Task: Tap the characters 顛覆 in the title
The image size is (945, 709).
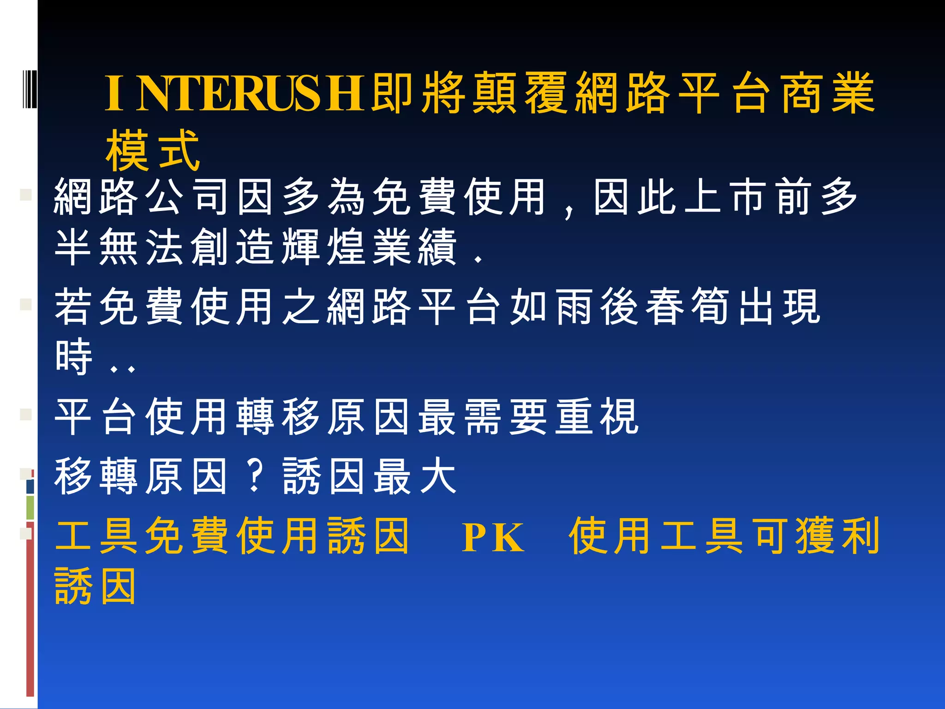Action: pyautogui.click(x=519, y=94)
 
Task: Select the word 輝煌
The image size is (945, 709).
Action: pyautogui.click(x=323, y=247)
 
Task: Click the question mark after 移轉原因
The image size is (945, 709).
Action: pyautogui.click(x=255, y=475)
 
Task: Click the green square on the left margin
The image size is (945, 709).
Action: pyautogui.click(x=30, y=507)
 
